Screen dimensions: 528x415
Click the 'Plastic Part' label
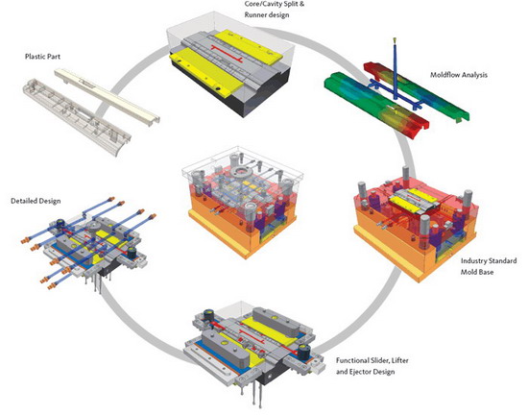43,57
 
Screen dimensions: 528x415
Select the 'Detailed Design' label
36,201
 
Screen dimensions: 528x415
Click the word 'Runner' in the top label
256,14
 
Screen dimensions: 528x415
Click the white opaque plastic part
108,97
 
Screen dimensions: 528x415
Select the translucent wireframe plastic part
77,116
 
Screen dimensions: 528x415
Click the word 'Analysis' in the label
474,75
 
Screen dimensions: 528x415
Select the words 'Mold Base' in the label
477,272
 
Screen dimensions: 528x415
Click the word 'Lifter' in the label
400,360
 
